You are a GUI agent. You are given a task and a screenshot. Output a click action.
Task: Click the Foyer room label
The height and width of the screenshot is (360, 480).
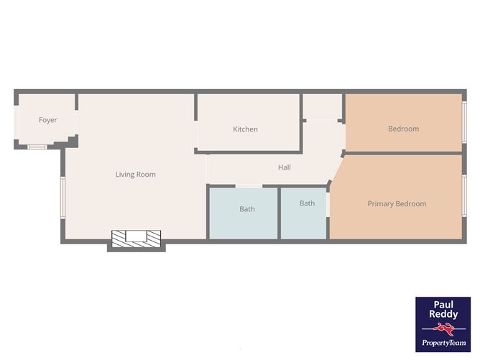point(48,120)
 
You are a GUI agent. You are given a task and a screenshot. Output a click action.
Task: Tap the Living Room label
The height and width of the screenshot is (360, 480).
point(136,175)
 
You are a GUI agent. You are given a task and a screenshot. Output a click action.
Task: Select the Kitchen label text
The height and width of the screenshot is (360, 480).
point(245,129)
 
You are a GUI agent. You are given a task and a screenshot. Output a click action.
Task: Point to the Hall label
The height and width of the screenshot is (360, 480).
point(285,167)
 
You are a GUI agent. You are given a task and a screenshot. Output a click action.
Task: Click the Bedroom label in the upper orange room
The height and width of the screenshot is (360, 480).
point(403,129)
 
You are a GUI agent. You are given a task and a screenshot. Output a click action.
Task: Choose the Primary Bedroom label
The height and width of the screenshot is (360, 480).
point(397,204)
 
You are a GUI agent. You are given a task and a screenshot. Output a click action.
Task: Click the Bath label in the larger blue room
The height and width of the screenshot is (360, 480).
point(247,209)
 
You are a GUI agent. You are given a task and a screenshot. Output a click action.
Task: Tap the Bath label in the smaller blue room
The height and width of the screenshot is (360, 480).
point(307,203)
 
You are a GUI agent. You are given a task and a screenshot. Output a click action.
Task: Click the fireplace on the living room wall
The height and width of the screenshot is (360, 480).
point(136,239)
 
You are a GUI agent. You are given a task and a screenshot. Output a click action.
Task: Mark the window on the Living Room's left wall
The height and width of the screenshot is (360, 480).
point(63,197)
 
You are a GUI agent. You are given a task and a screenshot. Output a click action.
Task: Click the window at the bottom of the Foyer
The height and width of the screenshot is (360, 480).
point(37,147)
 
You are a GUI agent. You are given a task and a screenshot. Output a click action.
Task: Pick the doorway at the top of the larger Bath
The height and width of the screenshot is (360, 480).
point(249,186)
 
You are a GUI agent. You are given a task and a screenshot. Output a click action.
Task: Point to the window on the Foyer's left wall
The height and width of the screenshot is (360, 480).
point(15,120)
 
